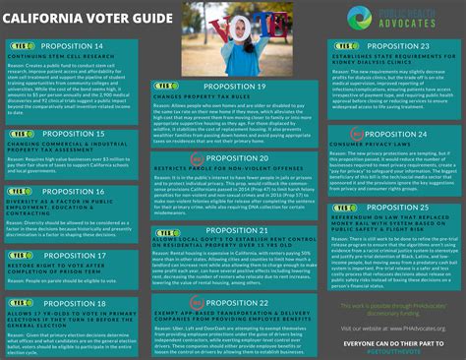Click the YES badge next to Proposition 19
[x=165, y=87]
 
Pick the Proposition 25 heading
[x=395, y=208]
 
